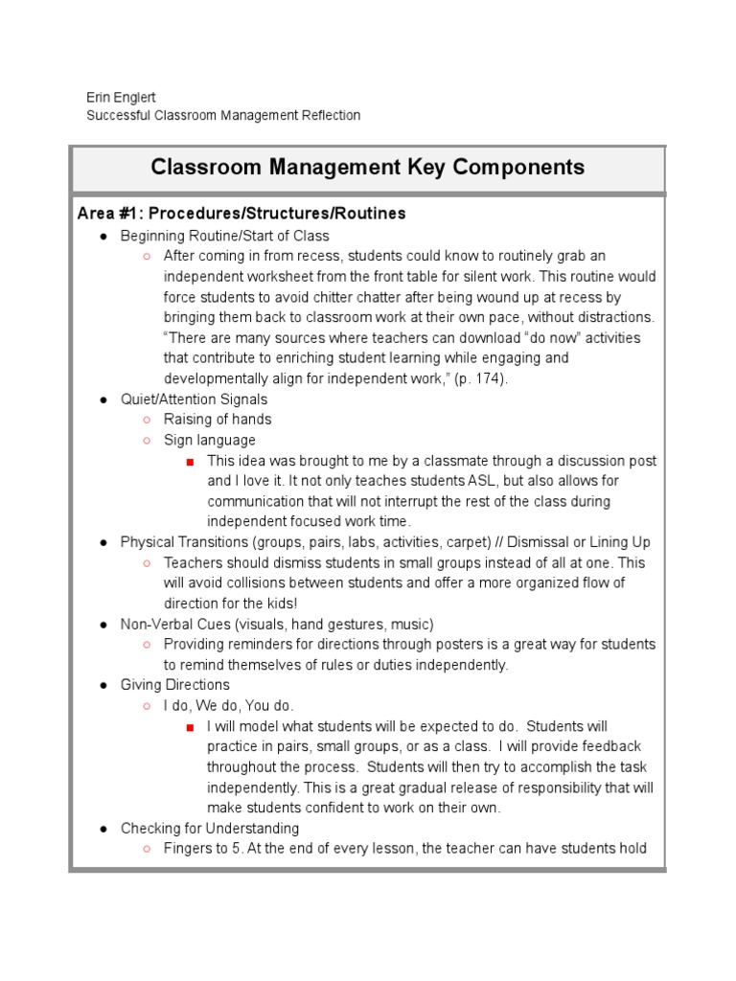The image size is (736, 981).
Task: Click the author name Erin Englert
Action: tap(122, 97)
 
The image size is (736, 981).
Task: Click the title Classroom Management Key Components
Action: tap(367, 168)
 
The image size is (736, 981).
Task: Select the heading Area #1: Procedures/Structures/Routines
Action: tap(241, 214)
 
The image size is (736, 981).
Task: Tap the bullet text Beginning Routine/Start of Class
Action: tap(224, 236)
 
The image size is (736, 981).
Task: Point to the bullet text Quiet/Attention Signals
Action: tap(194, 399)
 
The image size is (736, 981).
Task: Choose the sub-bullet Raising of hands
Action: tap(218, 420)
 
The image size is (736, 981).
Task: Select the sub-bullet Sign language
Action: tap(209, 441)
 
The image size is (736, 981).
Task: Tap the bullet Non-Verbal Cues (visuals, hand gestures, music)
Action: tap(277, 624)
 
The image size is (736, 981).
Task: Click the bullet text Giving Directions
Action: tap(174, 685)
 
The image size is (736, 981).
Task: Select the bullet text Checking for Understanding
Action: tap(209, 829)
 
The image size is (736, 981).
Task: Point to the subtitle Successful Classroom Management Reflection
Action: tap(223, 116)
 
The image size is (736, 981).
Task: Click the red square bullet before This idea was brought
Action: tap(190, 462)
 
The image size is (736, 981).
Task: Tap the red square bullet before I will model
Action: tap(190, 727)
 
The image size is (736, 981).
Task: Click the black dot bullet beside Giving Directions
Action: tap(103, 686)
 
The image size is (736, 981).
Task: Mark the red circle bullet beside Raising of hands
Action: tap(146, 421)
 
